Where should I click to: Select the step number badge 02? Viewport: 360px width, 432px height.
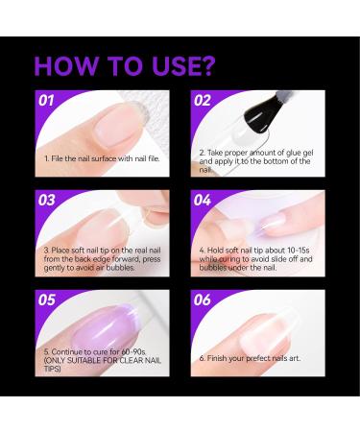click(203, 100)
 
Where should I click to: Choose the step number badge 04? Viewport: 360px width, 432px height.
click(203, 200)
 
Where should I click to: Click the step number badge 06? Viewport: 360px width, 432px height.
click(203, 300)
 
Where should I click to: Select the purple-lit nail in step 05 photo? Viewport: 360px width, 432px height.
click(96, 322)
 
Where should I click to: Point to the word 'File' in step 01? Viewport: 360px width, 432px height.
click(57, 156)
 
